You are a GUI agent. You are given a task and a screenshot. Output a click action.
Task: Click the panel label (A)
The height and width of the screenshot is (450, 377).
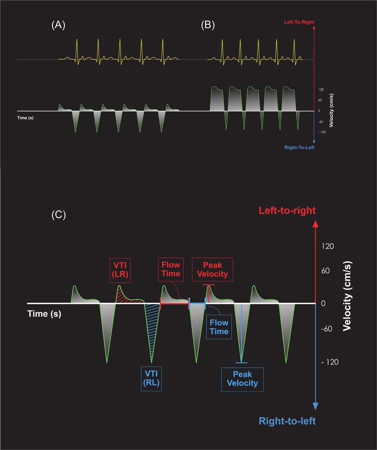[x=58, y=26]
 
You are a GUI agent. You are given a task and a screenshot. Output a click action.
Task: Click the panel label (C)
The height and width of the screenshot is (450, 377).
[x=58, y=215]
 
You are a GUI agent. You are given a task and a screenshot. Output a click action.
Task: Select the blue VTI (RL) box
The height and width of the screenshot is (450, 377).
[x=151, y=378]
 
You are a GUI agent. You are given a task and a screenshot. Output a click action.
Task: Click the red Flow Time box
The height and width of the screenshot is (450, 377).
[x=171, y=269]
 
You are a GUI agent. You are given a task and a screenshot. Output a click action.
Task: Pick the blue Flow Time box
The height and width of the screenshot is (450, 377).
[x=219, y=326]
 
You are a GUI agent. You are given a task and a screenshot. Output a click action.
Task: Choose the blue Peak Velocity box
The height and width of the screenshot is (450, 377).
[x=242, y=379]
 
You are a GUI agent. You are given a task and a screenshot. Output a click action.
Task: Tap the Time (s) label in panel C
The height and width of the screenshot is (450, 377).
[x=44, y=313]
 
